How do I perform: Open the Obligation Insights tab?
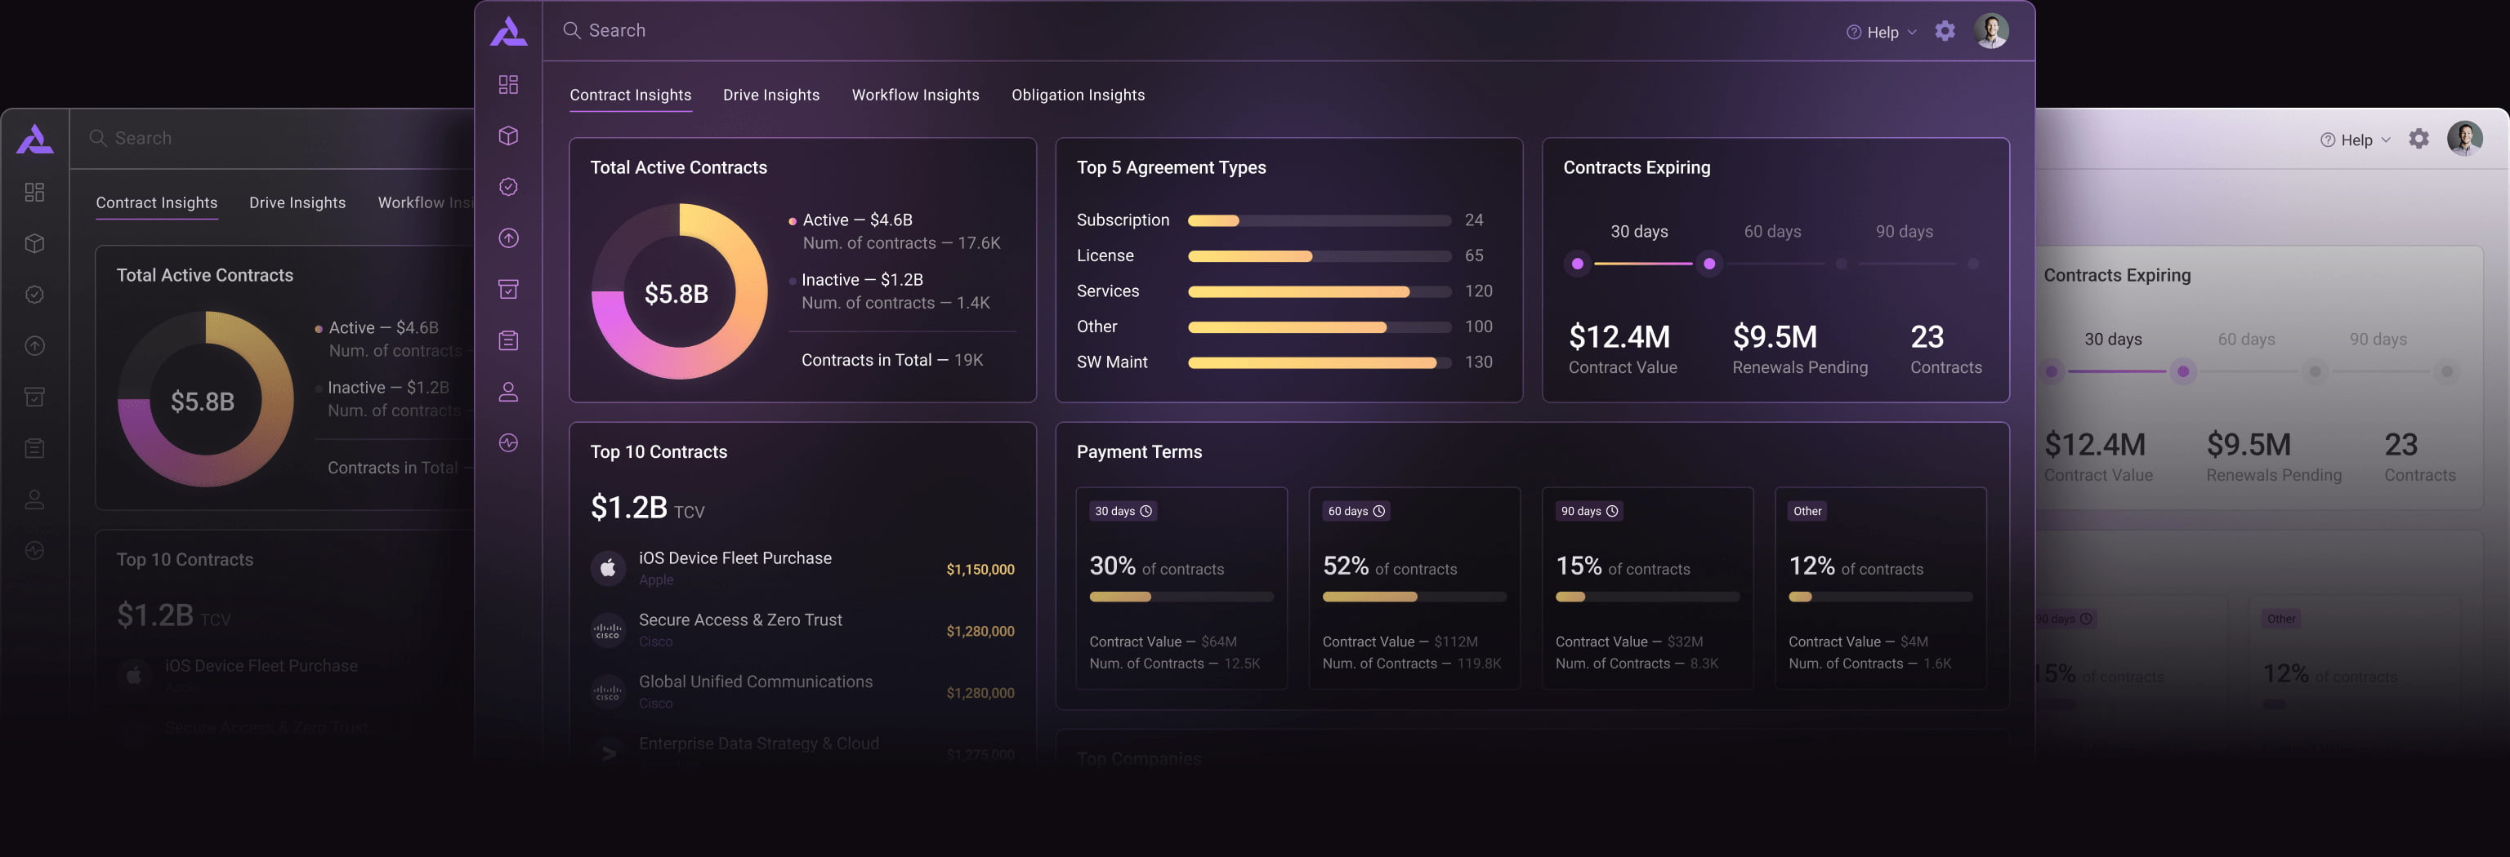(1078, 95)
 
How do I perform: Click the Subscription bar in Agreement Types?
(1320, 221)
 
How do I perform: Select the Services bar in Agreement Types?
(1320, 292)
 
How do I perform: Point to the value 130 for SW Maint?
(1477, 362)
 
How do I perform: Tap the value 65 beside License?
(1473, 256)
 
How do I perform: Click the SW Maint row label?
(1112, 362)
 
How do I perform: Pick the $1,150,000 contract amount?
(980, 570)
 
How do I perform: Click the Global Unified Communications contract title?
(755, 682)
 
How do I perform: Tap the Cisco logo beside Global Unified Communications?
(608, 692)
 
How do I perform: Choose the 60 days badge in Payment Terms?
(1355, 511)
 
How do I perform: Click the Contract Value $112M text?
(1399, 642)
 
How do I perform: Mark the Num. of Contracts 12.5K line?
(1174, 664)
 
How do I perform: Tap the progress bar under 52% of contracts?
(1414, 597)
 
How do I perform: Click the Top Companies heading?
(1138, 758)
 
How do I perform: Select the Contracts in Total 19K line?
(891, 360)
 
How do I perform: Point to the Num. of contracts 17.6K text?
(900, 243)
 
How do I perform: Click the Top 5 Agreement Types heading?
(1170, 167)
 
